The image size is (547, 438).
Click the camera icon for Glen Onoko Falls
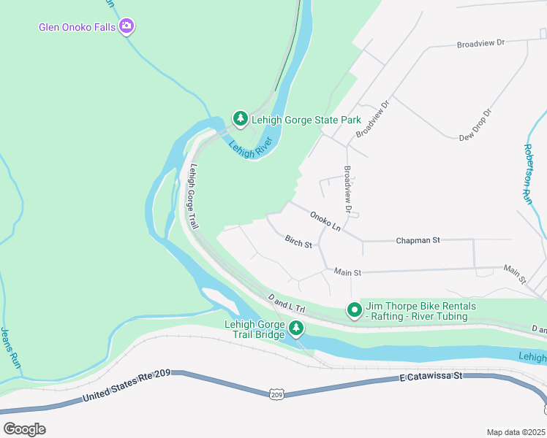pos(128,27)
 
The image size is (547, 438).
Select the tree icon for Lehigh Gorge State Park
pos(240,118)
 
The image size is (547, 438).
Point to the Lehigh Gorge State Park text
pos(306,120)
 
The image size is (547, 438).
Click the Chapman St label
pos(417,239)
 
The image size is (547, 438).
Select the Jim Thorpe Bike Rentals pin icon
pos(354,311)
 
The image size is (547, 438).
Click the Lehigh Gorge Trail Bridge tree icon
pos(295,328)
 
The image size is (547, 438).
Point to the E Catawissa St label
pos(431,377)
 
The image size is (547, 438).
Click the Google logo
pos(24,429)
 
